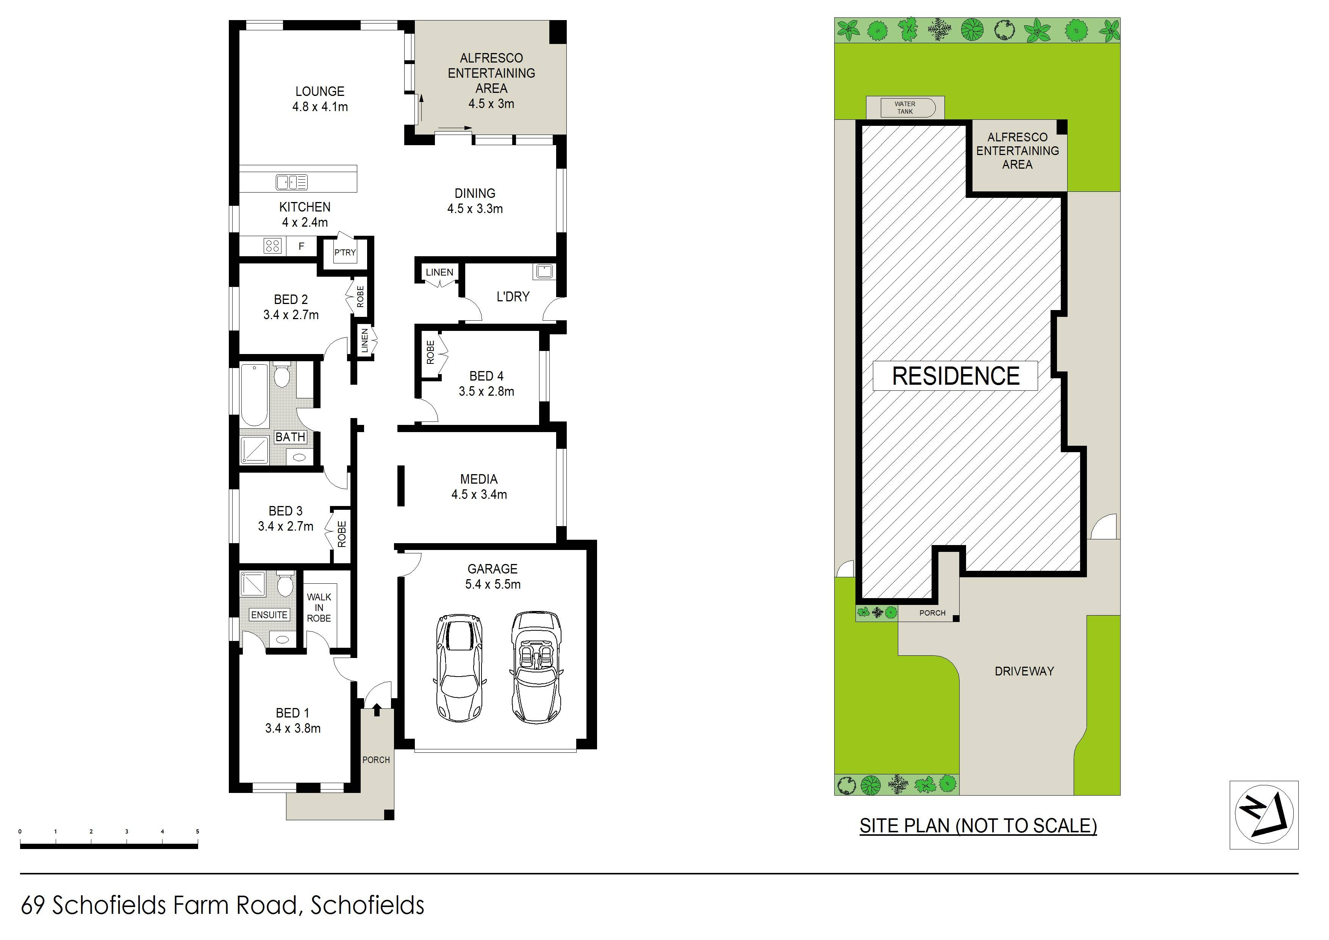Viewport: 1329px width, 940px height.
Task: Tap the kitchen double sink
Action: pos(292,182)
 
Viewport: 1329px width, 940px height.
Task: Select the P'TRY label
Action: pos(345,252)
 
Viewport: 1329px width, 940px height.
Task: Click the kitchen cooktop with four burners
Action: pos(273,246)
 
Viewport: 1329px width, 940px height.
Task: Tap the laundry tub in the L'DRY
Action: pos(544,271)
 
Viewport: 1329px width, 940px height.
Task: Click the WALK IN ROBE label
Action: pos(319,608)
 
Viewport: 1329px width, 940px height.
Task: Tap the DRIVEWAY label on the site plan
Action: pos(1024,671)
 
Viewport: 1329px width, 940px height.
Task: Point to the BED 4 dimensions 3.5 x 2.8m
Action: pos(486,392)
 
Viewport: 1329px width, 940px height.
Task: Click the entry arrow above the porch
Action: pos(377,709)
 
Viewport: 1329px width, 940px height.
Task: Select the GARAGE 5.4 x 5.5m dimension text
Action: pos(493,584)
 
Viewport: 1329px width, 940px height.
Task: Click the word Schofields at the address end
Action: pos(367,905)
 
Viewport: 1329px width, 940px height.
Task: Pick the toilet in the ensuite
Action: pos(284,585)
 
